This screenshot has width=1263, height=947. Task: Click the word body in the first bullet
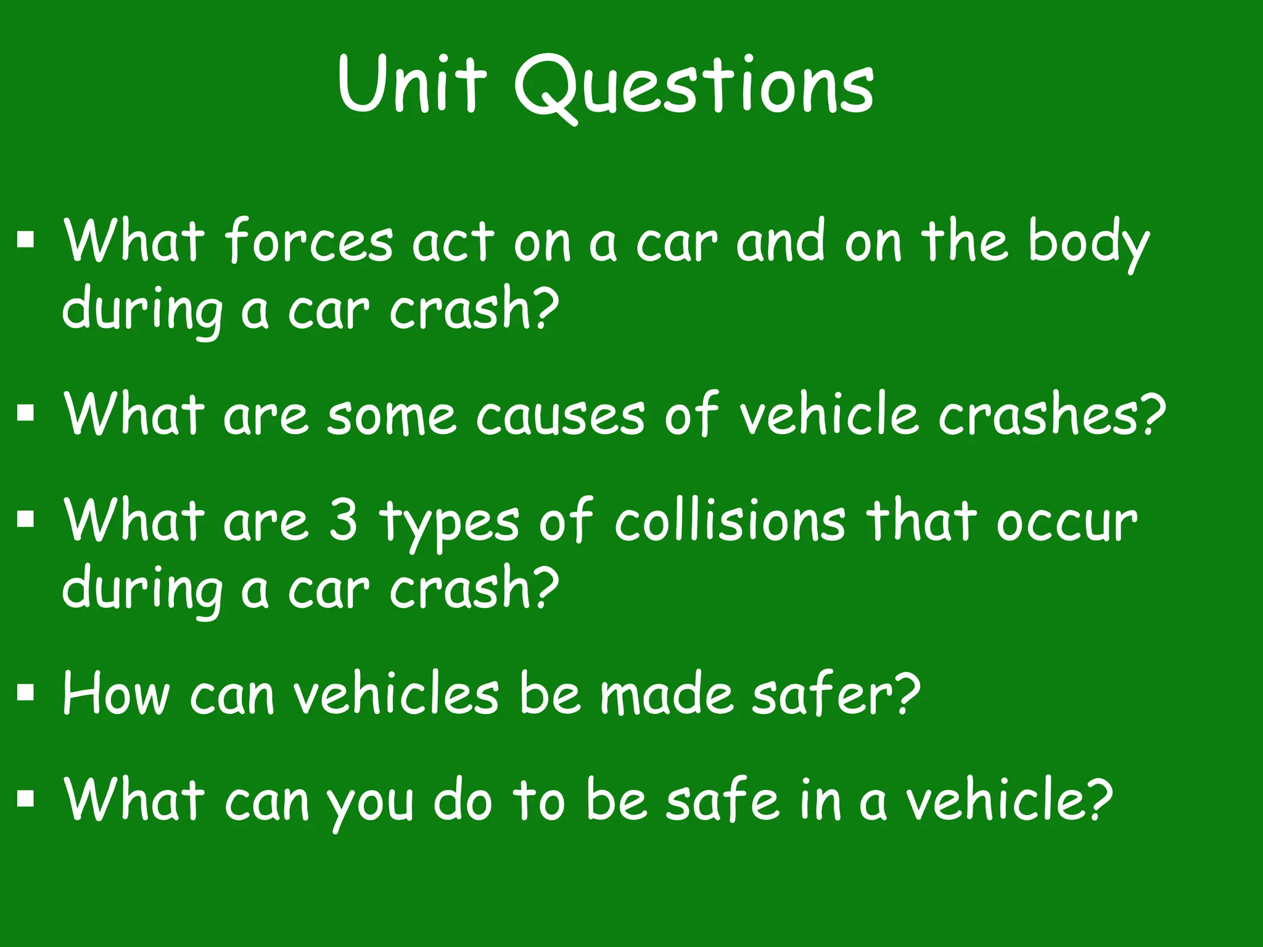pos(1088,244)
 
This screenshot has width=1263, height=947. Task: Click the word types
pos(450,524)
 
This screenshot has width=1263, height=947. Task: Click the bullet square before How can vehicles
pos(25,692)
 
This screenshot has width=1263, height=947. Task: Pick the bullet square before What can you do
pos(25,798)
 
